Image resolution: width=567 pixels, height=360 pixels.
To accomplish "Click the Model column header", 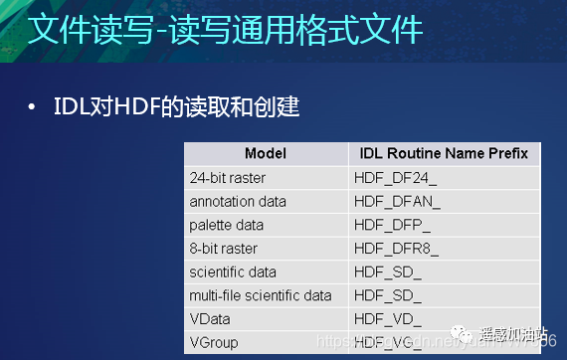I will tap(265, 153).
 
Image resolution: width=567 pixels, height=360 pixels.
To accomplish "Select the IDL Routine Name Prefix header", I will tap(444, 153).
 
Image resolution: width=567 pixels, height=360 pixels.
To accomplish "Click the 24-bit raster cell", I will tap(228, 177).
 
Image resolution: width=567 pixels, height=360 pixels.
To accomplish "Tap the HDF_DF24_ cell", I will tap(395, 177).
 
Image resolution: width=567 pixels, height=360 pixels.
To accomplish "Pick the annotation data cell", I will tap(238, 201).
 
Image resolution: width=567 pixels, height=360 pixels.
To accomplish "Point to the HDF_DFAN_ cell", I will tap(397, 201).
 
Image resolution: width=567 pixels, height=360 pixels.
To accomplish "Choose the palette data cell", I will tap(228, 225).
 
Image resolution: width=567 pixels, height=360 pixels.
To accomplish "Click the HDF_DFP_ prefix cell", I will tap(393, 225).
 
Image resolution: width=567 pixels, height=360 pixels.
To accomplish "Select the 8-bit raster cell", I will tap(224, 248).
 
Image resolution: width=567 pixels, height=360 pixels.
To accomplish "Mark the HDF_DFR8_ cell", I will tap(395, 248).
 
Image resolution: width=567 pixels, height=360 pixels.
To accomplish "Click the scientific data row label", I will tap(233, 271).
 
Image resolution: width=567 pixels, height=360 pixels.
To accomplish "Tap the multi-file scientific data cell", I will tap(260, 295).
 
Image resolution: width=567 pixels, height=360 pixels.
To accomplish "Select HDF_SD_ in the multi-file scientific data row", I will tap(387, 295).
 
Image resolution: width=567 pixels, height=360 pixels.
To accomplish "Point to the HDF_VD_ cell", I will tap(387, 319).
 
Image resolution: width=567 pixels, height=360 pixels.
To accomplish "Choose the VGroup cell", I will tap(212, 342).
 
